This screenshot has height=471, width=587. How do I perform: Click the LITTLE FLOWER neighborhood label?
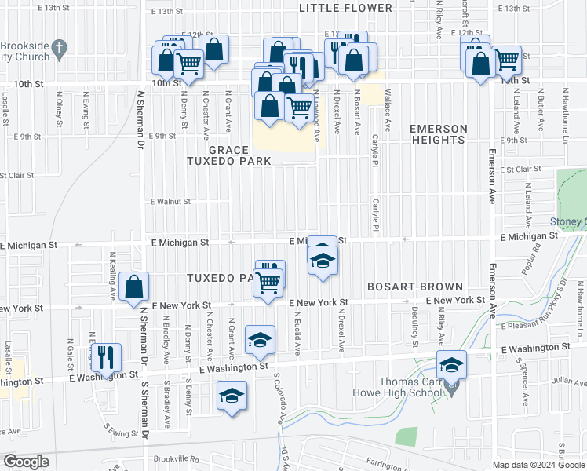[345, 8]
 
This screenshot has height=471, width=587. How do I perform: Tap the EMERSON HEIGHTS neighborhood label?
[438, 134]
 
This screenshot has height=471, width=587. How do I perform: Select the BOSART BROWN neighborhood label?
[421, 287]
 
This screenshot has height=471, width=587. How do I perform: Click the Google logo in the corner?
[26, 462]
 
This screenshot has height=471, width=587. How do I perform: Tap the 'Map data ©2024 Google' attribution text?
[538, 464]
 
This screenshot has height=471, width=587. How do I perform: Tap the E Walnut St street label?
[171, 202]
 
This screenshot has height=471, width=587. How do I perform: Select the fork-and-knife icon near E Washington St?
[106, 356]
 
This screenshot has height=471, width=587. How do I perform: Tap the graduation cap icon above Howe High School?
[451, 364]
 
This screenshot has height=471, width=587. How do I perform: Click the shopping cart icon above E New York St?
[269, 282]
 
